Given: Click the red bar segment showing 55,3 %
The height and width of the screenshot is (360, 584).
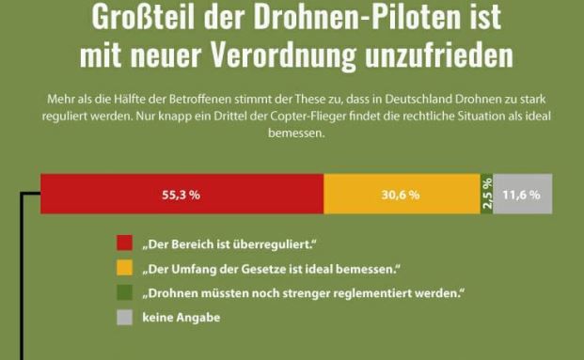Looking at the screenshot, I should point(182,195).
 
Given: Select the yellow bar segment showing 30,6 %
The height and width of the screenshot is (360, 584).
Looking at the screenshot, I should point(401,195).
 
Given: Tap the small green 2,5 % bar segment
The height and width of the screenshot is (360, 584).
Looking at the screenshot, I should point(486,195).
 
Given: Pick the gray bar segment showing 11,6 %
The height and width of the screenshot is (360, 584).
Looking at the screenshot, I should point(522,195).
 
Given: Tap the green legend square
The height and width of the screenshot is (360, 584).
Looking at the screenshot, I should point(124,293).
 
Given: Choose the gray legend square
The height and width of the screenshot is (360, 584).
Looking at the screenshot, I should point(124,318).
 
